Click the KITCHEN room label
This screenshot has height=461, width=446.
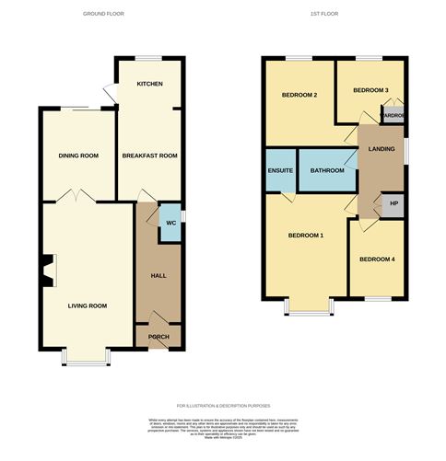click(149, 84)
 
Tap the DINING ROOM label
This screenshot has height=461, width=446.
click(77, 156)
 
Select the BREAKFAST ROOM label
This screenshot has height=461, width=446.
click(149, 156)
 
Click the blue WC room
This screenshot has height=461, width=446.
click(170, 223)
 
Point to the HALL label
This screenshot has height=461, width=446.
click(158, 275)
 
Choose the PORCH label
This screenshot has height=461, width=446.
click(158, 337)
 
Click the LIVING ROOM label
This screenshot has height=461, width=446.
click(87, 305)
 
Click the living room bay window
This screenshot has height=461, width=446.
click(87, 359)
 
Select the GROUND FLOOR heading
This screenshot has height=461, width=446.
click(104, 15)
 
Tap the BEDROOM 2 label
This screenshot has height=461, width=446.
click(299, 94)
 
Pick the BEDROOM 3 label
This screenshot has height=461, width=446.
click(370, 90)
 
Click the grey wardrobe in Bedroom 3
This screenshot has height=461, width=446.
click(393, 116)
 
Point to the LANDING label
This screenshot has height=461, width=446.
click(381, 148)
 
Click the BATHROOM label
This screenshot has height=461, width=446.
click(327, 170)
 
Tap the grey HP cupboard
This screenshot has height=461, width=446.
click(393, 203)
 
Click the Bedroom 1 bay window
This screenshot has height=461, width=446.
click(309, 306)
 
